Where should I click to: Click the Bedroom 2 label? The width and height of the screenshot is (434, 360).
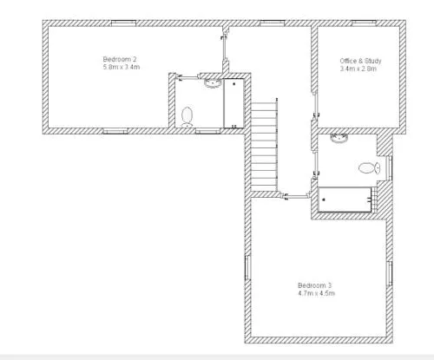coord(120,59)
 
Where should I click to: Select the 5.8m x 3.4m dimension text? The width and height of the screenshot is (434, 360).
coord(122,67)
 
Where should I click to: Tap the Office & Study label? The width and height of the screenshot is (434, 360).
coord(360,61)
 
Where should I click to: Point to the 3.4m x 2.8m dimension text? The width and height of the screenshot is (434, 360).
coord(358,69)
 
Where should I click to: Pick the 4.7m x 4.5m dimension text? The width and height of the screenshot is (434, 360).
coord(317,293)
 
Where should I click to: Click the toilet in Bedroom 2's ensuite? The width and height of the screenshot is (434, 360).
coord(187,117)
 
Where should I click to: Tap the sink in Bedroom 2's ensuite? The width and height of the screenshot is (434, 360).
coord(213,83)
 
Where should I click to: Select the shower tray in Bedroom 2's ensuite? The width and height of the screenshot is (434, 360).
coord(233,103)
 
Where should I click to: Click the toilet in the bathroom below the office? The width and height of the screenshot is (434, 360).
coord(369,167)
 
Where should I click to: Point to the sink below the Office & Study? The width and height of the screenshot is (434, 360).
coord(339,139)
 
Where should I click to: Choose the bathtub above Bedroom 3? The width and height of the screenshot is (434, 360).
coord(345,200)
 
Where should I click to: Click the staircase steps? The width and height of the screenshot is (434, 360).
coord(264,147)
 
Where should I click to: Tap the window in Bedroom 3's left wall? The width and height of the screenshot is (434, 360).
coord(247,268)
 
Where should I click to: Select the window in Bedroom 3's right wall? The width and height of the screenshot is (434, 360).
coord(390,274)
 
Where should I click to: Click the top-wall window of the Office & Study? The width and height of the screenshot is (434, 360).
coord(364,23)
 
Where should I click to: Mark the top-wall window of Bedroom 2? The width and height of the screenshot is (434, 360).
coord(123,23)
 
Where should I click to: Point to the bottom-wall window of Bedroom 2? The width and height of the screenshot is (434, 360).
coord(115,131)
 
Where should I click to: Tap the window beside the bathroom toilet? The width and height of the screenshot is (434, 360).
coord(390,168)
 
